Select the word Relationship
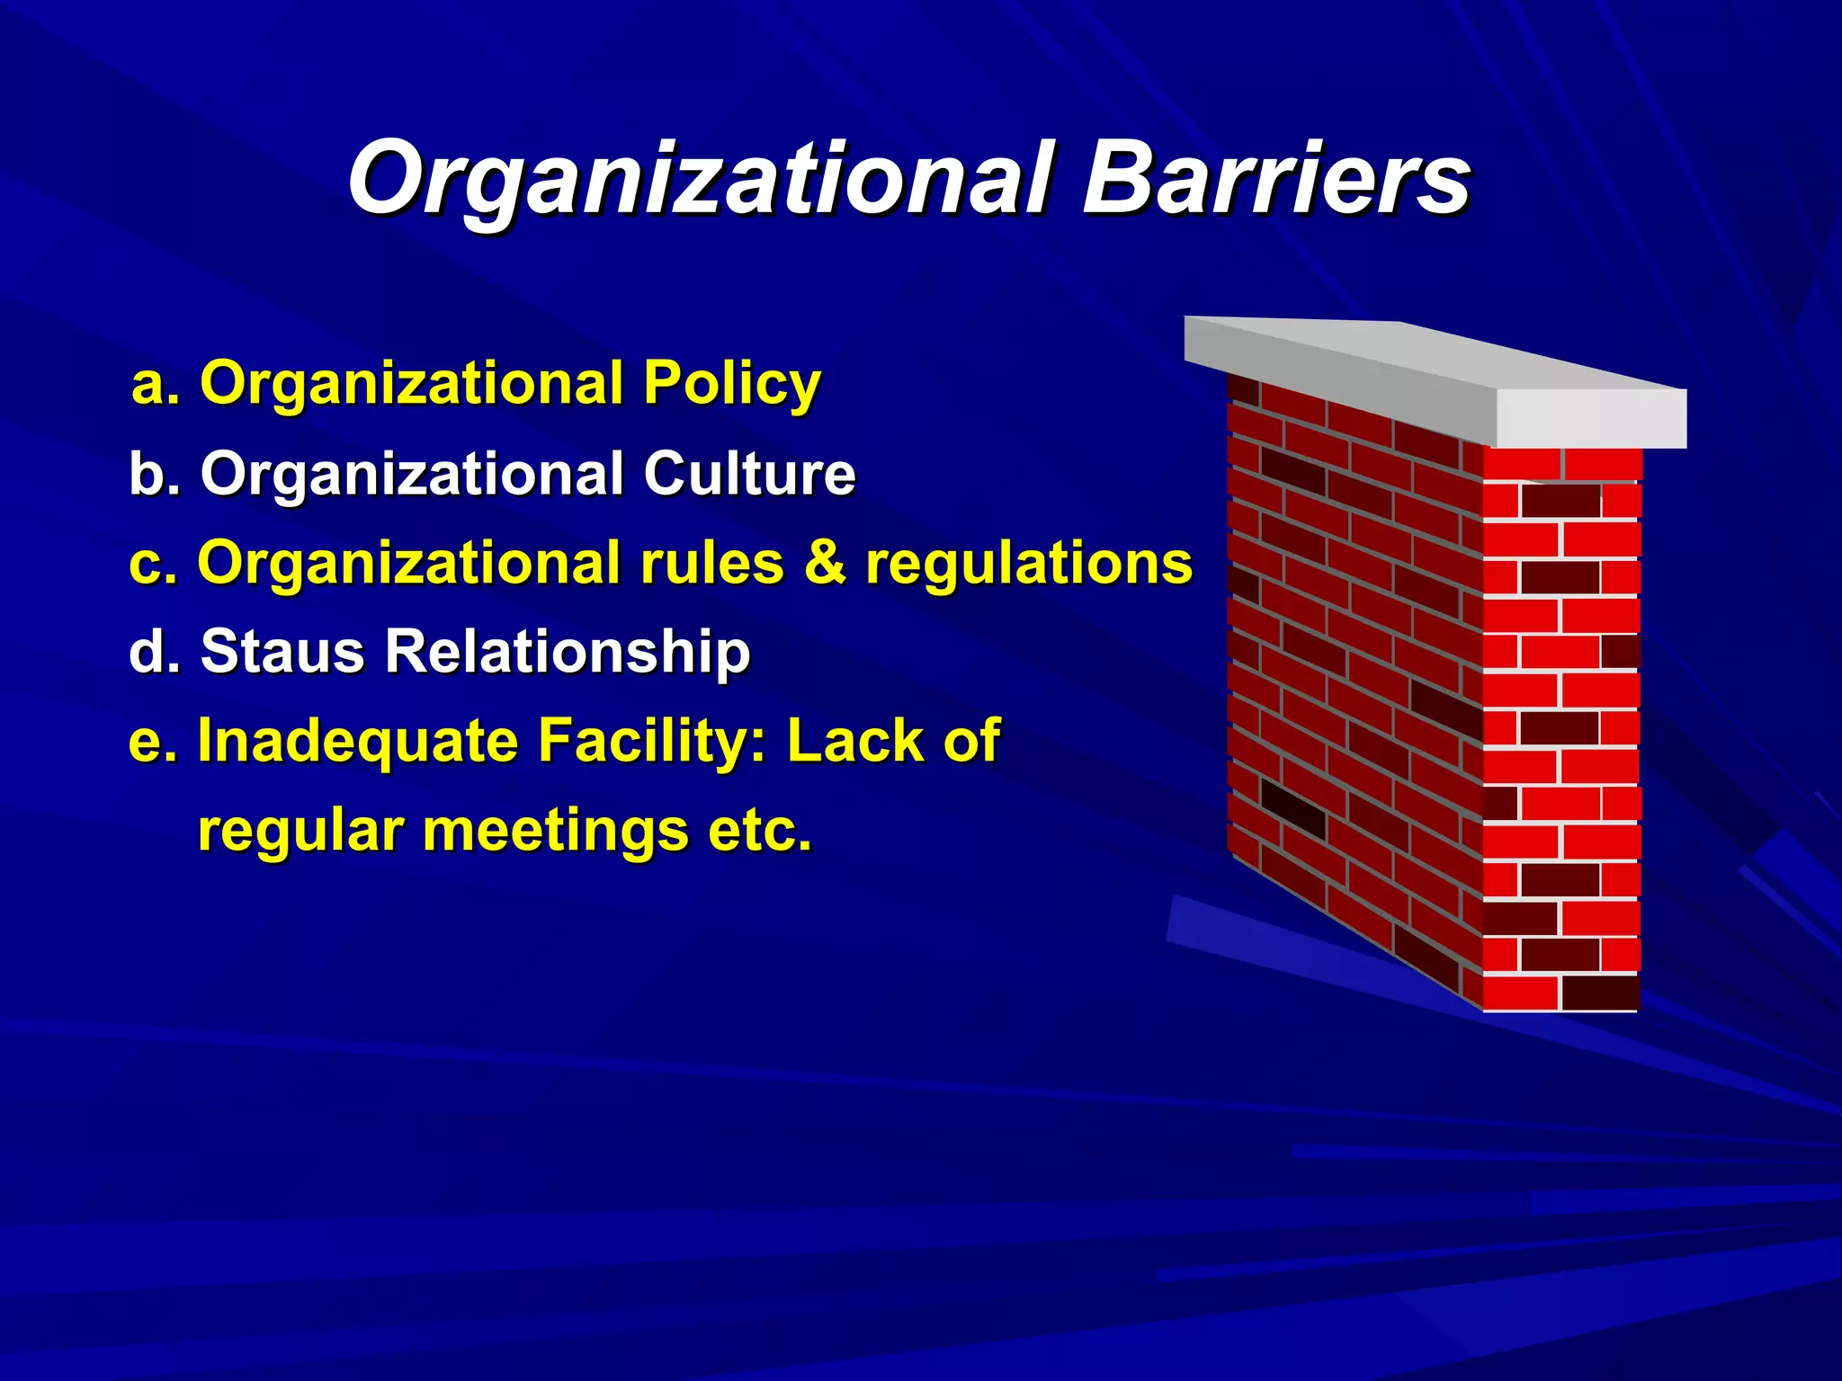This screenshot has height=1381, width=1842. point(567,653)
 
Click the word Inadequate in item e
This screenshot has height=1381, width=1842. point(358,742)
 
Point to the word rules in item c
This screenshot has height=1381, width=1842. point(711,564)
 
